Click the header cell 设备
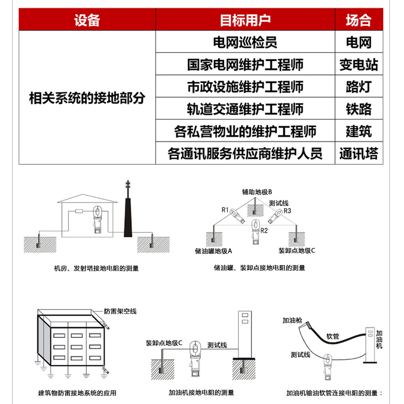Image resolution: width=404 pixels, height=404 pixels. click(87, 20)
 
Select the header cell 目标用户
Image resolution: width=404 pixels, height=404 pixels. click(245, 20)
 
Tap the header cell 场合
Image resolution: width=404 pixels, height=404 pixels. click(358, 20)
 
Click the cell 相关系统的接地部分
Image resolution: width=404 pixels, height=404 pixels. click(87, 98)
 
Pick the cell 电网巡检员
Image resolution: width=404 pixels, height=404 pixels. click(245, 42)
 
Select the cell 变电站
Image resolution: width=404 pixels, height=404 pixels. click(358, 65)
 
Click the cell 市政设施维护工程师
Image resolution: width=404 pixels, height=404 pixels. click(245, 87)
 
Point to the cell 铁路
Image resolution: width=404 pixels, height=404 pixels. click(358, 109)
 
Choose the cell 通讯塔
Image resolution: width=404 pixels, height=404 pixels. click(358, 154)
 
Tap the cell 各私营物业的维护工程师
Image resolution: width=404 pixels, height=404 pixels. click(245, 131)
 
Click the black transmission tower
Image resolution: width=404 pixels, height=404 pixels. click(128, 212)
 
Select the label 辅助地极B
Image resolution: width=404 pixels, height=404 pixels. click(257, 192)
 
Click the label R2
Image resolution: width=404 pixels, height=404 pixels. click(264, 230)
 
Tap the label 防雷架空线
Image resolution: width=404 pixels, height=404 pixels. click(120, 311)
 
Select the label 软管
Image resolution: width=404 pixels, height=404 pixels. click(333, 335)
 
